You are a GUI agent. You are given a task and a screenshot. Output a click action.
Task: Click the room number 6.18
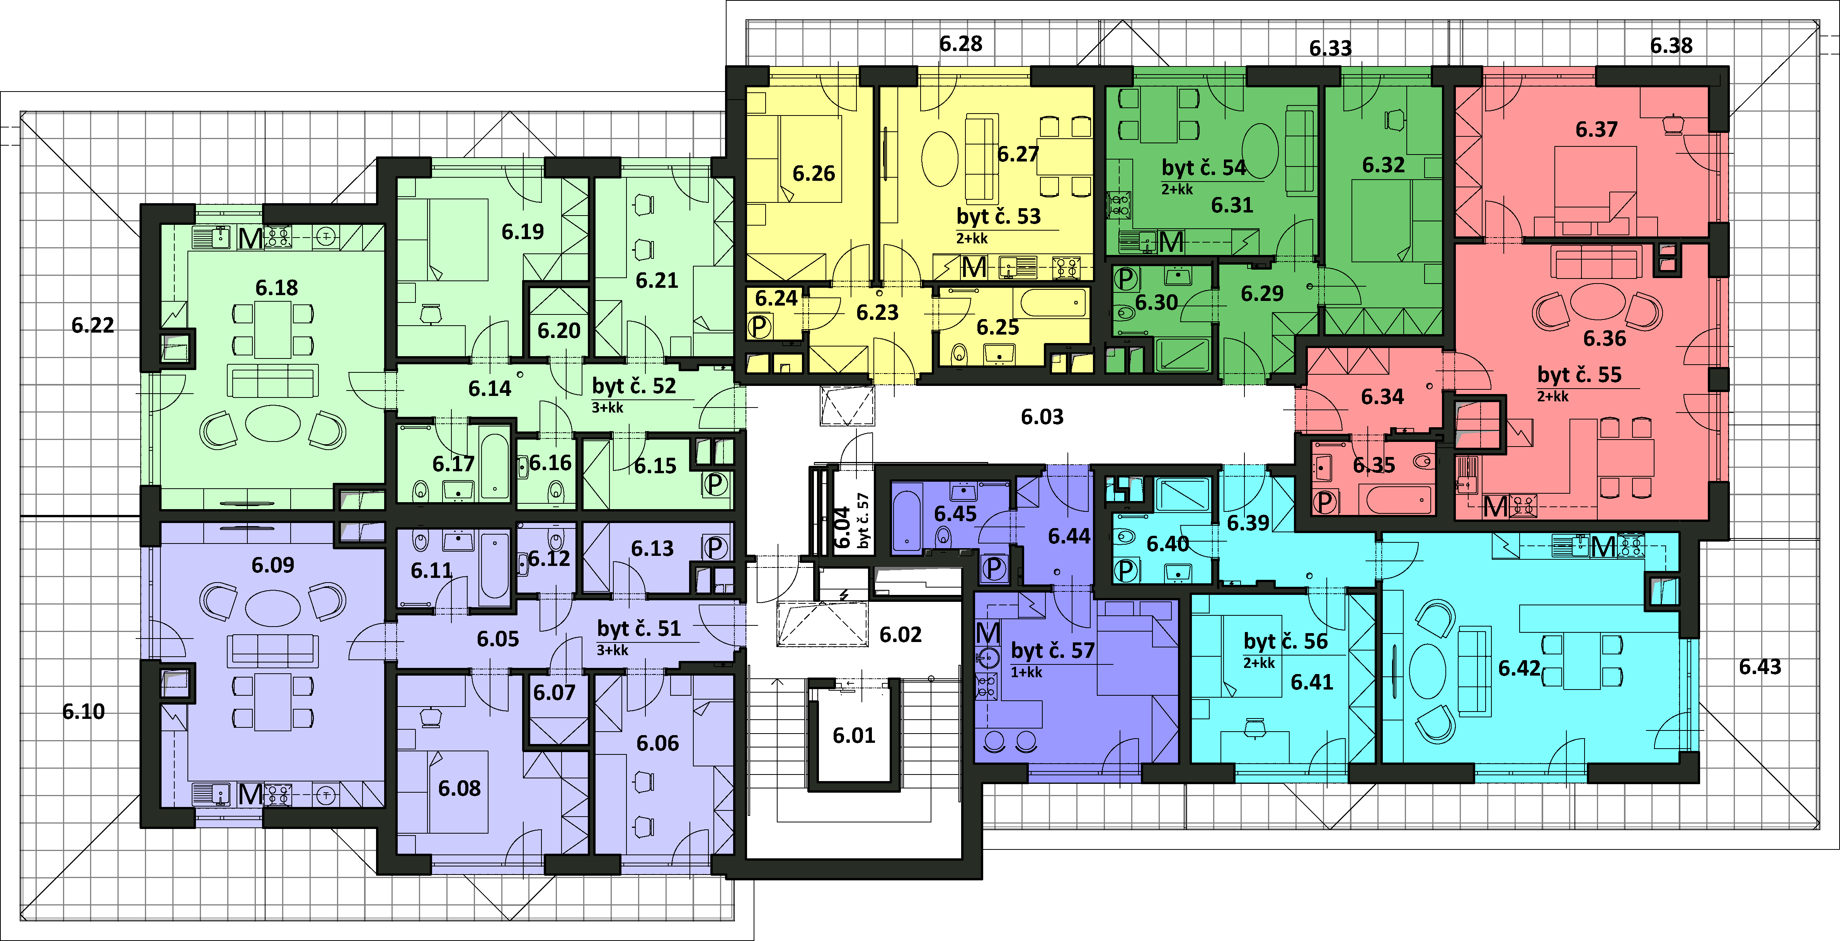click(x=276, y=288)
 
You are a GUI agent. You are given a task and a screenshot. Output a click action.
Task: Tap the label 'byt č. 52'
click(x=633, y=386)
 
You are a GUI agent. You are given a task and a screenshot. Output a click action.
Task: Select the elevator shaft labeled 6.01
click(x=854, y=735)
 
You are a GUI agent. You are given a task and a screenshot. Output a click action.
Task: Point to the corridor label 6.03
click(x=1042, y=416)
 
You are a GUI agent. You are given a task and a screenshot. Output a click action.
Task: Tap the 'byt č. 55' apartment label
click(x=1579, y=375)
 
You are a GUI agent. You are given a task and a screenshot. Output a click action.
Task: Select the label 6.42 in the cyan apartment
click(x=1519, y=668)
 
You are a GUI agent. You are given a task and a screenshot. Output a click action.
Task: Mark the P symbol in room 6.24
click(x=759, y=328)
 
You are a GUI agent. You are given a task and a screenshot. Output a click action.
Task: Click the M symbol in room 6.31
click(x=1171, y=243)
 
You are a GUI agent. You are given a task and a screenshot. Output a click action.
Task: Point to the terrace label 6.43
click(x=1760, y=667)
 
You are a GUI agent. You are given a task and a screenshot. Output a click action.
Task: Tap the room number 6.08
click(x=459, y=788)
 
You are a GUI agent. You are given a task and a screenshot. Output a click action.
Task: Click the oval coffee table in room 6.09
click(x=273, y=608)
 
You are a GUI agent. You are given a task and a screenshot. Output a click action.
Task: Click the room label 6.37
click(x=1597, y=129)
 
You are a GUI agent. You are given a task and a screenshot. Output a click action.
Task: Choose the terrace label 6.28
click(x=961, y=44)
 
